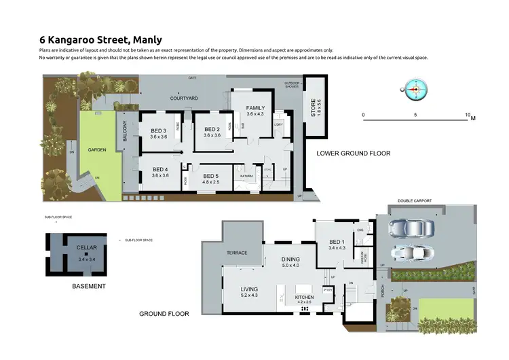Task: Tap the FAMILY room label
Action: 255,108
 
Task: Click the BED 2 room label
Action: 212,129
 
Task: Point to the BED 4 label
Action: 160,169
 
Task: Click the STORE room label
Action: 314,109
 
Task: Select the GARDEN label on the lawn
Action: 98,151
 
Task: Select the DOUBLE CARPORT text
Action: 415,202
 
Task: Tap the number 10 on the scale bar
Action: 468,115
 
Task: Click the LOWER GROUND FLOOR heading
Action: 354,154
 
